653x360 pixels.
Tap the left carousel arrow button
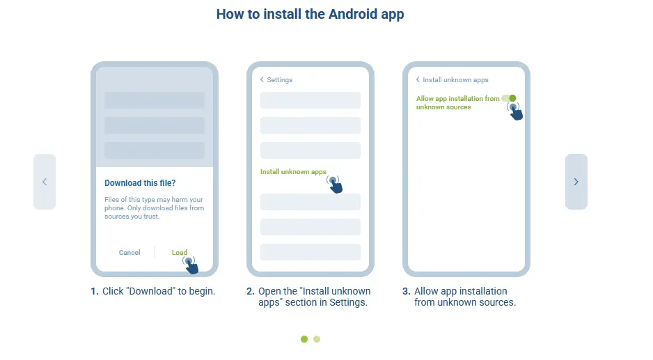pyautogui.click(x=45, y=182)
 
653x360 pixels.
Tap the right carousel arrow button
pyautogui.click(x=576, y=182)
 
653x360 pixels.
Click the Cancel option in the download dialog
pyautogui.click(x=129, y=253)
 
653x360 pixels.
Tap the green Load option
pyautogui.click(x=180, y=253)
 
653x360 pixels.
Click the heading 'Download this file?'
pyautogui.click(x=140, y=183)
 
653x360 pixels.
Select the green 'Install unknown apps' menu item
pyautogui.click(x=293, y=172)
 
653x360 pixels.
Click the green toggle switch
pyautogui.click(x=509, y=98)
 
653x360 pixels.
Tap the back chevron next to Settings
pyautogui.click(x=262, y=79)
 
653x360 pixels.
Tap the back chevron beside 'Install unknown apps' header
pyautogui.click(x=418, y=79)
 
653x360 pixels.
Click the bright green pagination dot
pyautogui.click(x=304, y=339)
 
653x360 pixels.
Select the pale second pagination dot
pyautogui.click(x=317, y=339)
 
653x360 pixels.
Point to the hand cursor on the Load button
pyautogui.click(x=191, y=265)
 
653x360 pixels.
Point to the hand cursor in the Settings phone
pyautogui.click(x=335, y=185)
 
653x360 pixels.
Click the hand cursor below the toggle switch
pyautogui.click(x=516, y=111)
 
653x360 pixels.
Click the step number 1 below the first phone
pyautogui.click(x=94, y=291)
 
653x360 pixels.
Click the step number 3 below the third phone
pyautogui.click(x=406, y=291)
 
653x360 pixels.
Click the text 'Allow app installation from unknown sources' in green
pyautogui.click(x=457, y=103)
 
